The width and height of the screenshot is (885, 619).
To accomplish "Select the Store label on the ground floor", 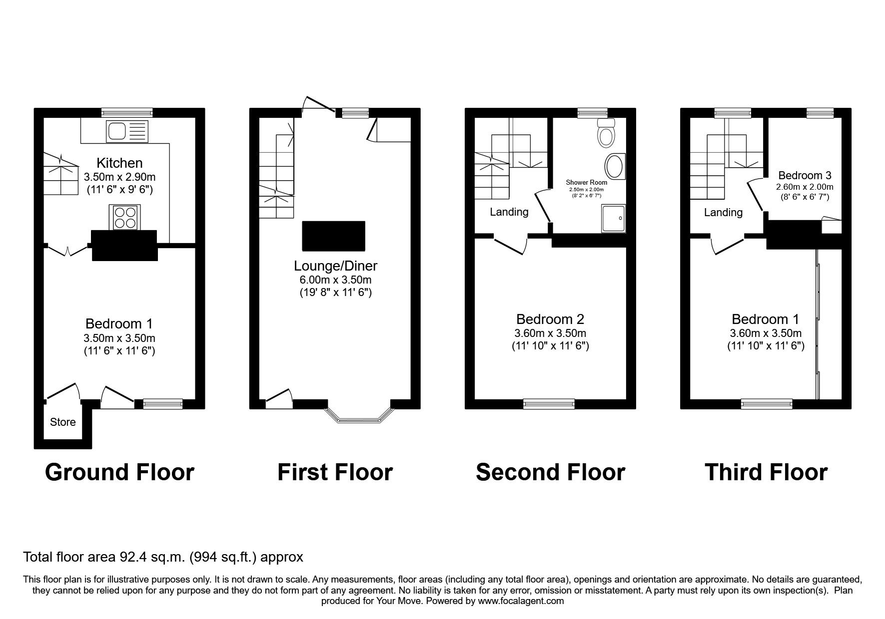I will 63,422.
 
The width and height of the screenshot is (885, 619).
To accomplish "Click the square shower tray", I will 614,218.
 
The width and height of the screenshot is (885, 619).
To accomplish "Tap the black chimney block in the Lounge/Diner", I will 333,236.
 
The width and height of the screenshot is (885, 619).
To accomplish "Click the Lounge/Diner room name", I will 335,266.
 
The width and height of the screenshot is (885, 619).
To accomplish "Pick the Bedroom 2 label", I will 550,319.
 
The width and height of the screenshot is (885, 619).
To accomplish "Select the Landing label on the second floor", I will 509,212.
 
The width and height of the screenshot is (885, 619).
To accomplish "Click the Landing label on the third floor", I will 723,213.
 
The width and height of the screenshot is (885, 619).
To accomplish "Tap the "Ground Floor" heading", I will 119,472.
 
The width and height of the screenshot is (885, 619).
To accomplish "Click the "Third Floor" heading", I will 766,472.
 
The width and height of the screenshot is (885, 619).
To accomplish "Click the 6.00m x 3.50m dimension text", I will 335,280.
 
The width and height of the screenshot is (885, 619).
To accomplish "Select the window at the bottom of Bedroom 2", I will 549,404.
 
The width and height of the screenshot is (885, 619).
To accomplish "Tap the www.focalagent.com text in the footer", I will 521,601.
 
